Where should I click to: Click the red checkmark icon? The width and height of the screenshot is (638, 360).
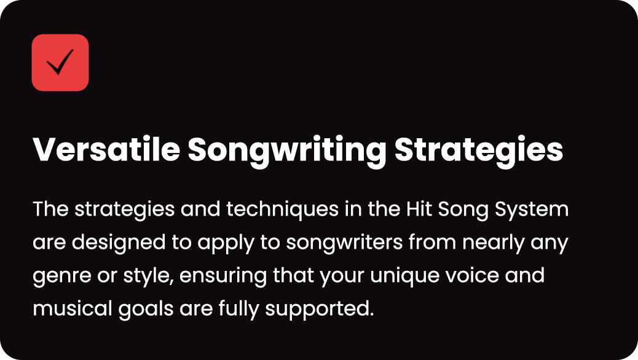(x=60, y=62)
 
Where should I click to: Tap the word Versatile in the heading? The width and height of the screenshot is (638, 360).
(x=106, y=149)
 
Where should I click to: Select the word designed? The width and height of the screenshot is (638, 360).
(x=119, y=243)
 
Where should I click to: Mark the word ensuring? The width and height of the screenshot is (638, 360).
(x=223, y=276)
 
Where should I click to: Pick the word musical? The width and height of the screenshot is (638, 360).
(x=73, y=309)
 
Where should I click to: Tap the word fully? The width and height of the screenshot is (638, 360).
(x=238, y=310)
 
